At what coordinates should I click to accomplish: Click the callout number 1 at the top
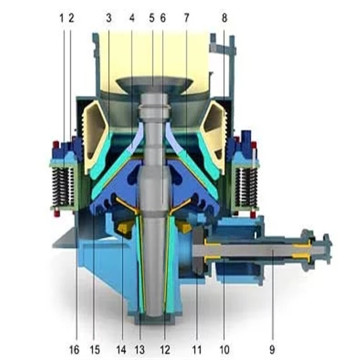coord(61,17)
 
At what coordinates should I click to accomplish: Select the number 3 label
coord(108,17)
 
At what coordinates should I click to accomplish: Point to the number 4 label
coord(131,17)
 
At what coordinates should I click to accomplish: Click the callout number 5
coord(151,17)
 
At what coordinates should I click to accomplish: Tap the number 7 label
coord(186,17)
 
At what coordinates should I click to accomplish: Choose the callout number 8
coord(224,17)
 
